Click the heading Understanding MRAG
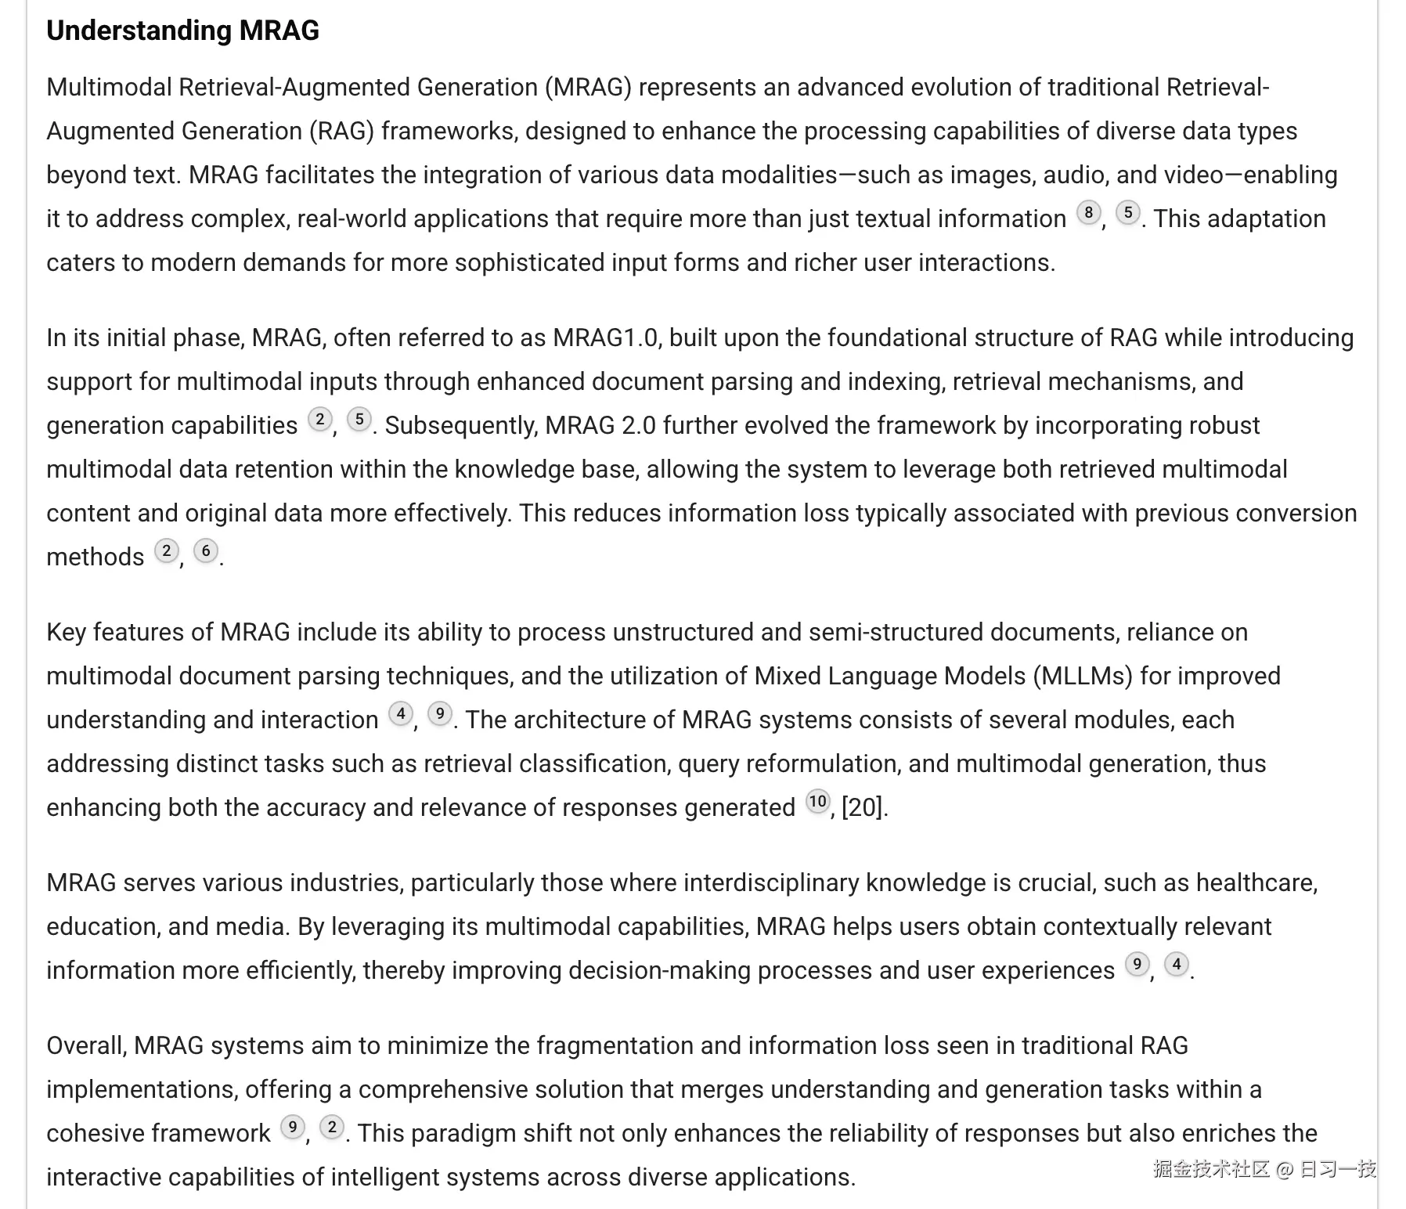pos(182,31)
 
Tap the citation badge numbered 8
pos(1088,212)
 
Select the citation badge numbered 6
pos(205,550)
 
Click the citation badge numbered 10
pos(817,801)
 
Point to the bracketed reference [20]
pos(863,807)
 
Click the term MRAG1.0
pos(606,337)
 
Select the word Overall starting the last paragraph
pos(85,1045)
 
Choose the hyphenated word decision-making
pos(656,970)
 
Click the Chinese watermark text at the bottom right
pos(1264,1169)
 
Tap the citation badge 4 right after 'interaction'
pos(401,713)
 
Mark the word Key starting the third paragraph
pos(67,632)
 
